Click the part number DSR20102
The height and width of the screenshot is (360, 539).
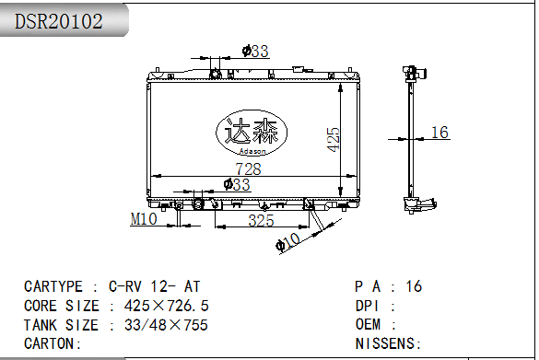click(x=58, y=21)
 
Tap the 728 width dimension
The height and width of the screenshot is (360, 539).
click(x=248, y=169)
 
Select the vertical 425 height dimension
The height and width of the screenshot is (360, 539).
click(x=334, y=139)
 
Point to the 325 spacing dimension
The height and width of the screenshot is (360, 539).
click(x=262, y=221)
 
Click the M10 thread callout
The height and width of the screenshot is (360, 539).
click(x=144, y=219)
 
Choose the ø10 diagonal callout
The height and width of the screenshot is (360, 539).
click(x=288, y=241)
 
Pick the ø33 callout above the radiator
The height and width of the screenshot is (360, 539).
click(x=255, y=52)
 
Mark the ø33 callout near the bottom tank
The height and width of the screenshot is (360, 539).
click(x=237, y=184)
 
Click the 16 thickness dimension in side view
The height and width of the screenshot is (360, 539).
click(x=439, y=133)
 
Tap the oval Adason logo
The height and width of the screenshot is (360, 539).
click(x=252, y=133)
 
